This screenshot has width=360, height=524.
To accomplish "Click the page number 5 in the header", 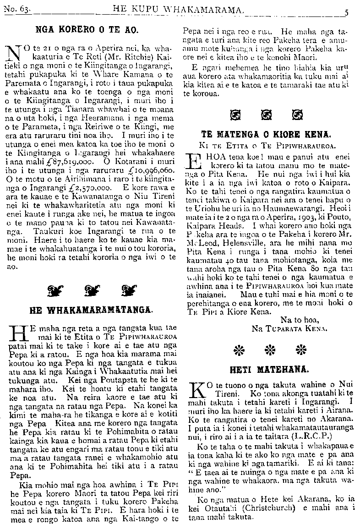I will click(x=347, y=13).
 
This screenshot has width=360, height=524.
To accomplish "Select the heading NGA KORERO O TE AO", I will click(x=87, y=30).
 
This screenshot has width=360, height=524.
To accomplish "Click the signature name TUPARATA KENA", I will click(x=295, y=328).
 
